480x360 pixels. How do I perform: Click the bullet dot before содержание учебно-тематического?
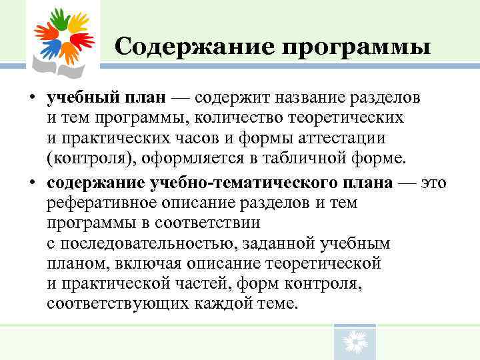pos(33,183)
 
